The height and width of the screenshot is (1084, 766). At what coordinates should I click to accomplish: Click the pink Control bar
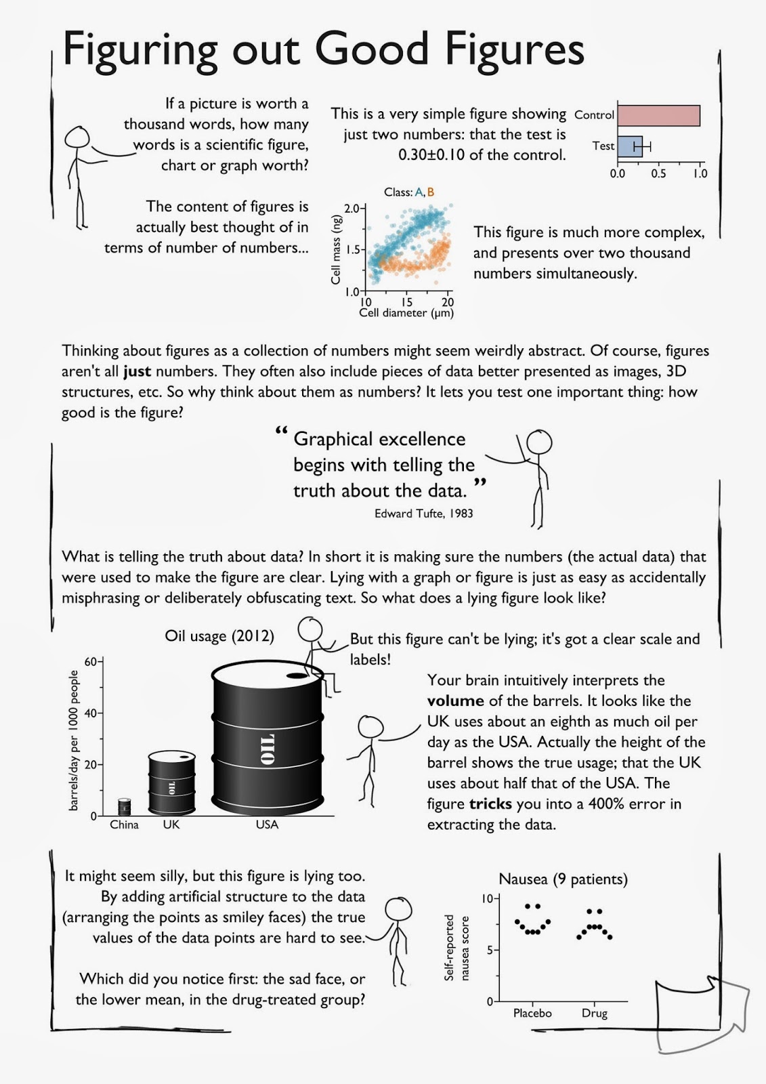(x=658, y=116)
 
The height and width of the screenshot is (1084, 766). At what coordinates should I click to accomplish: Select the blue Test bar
(x=629, y=146)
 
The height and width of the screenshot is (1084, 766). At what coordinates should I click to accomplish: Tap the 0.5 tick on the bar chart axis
(x=658, y=173)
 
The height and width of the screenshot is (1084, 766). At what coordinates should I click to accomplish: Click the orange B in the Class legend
(x=431, y=192)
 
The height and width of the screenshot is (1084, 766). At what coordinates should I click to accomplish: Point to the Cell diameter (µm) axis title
(x=406, y=313)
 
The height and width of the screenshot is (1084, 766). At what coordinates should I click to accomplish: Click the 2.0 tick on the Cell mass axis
(x=352, y=209)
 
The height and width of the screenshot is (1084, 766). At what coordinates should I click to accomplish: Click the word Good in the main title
(x=372, y=49)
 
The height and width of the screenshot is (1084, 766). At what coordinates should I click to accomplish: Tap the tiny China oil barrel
(x=124, y=807)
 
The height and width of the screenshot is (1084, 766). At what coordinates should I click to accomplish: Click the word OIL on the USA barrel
(x=268, y=749)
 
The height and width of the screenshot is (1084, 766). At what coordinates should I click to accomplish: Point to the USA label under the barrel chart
(x=267, y=825)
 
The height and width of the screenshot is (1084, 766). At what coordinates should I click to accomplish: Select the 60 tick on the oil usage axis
(x=91, y=661)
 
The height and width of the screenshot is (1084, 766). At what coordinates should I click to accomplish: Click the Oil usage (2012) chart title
(x=219, y=636)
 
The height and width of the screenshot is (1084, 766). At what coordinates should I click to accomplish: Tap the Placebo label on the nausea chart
(x=532, y=1014)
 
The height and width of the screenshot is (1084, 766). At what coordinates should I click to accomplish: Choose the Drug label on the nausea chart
(x=594, y=1014)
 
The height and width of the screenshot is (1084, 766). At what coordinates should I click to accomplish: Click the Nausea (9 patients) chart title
(x=563, y=879)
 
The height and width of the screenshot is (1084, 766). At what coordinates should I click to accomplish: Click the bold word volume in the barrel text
(x=455, y=701)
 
